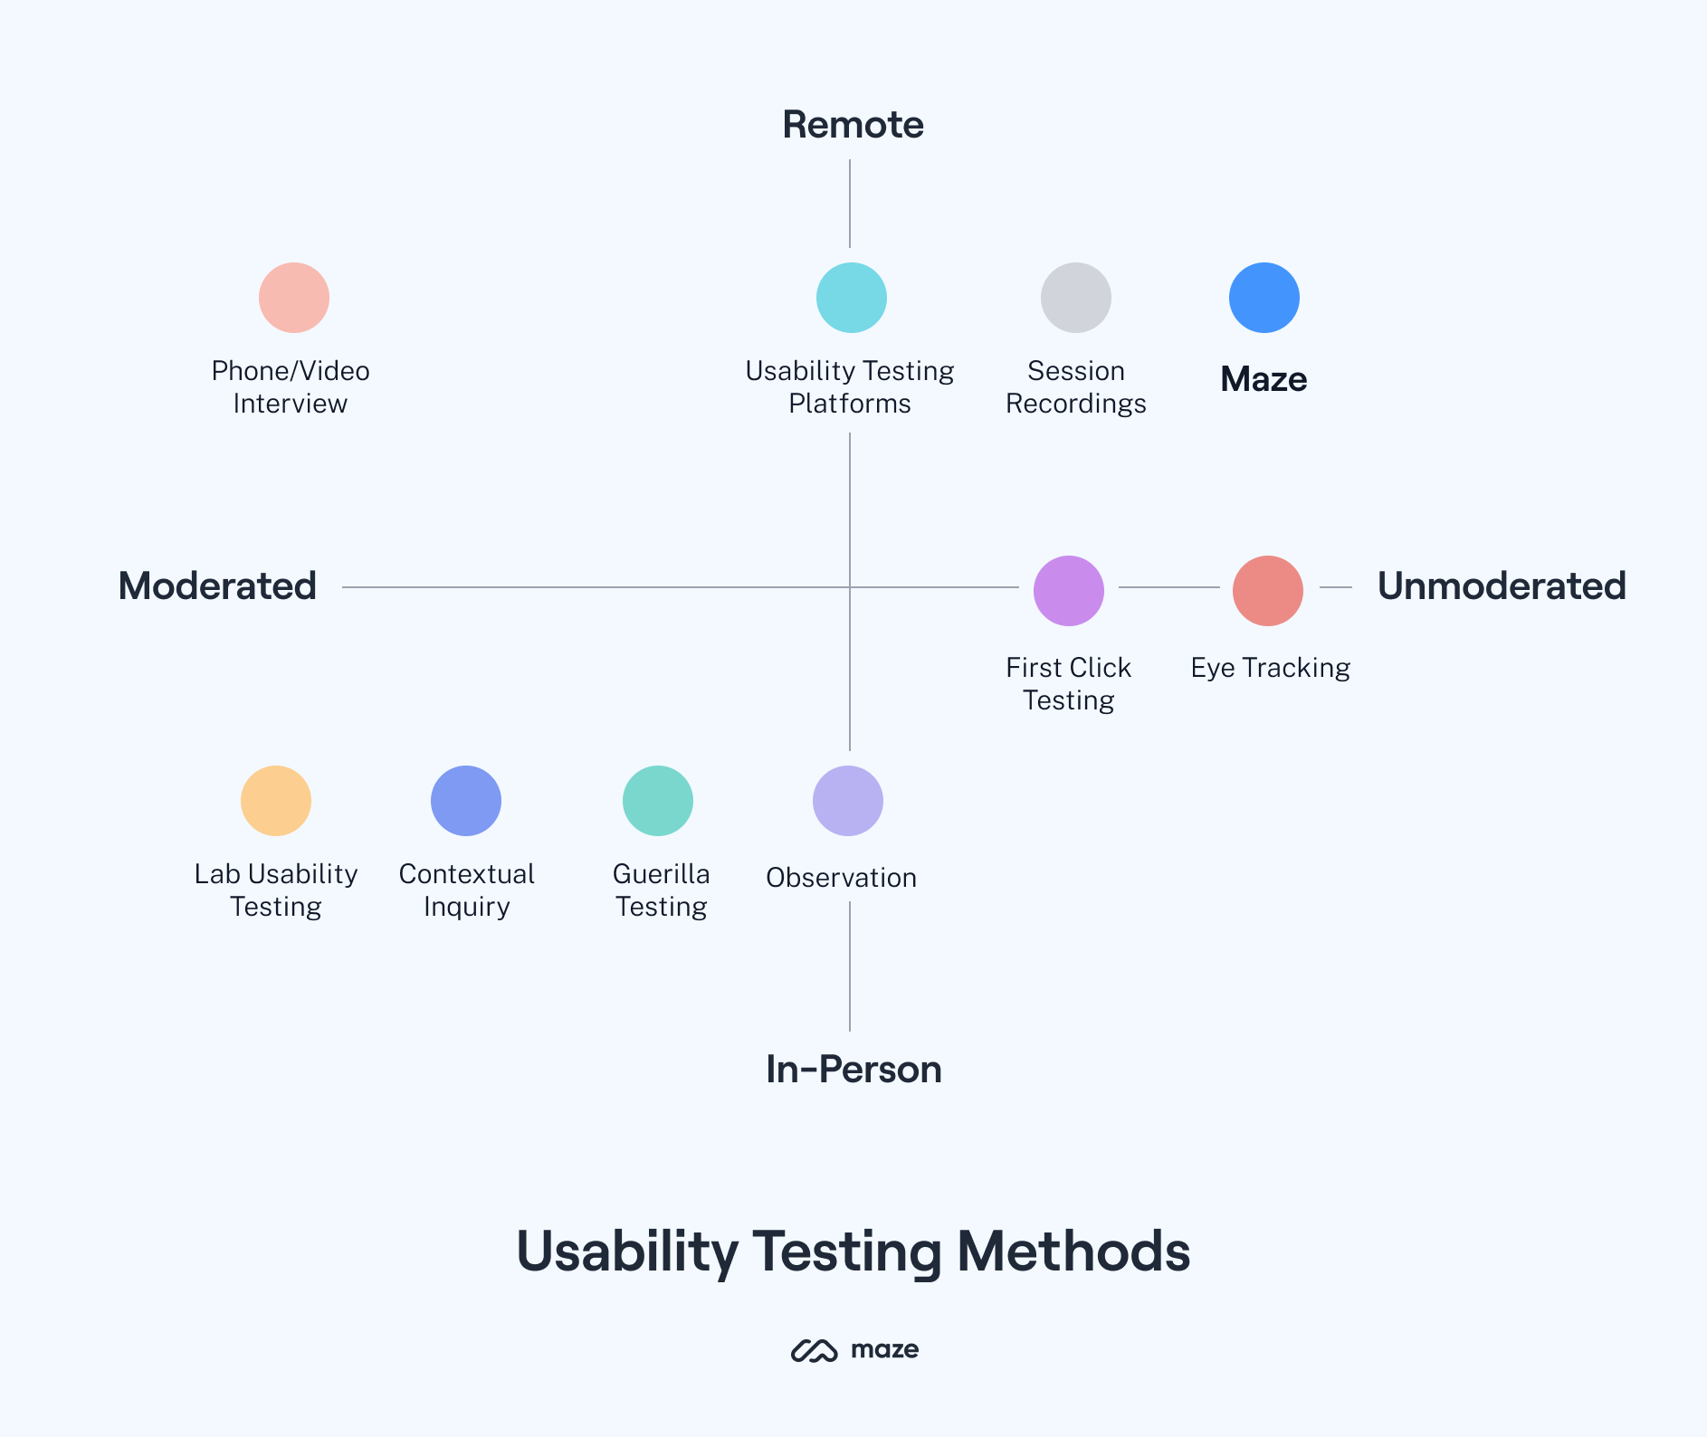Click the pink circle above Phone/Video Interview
click(293, 298)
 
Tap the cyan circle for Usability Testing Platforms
click(851, 298)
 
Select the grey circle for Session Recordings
click(1075, 298)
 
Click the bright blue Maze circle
click(1264, 298)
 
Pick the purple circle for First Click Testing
click(1068, 591)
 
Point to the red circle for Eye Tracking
click(1267, 591)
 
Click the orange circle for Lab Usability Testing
click(275, 801)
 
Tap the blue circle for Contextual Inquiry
click(465, 801)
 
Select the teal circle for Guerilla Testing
click(657, 801)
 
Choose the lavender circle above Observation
click(847, 801)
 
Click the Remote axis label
click(853, 125)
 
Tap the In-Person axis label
click(853, 1070)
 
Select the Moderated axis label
click(217, 586)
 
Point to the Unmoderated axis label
click(1501, 586)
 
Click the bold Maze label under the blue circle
click(1264, 379)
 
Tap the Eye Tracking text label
click(1270, 668)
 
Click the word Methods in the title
click(1073, 1251)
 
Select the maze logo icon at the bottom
click(814, 1350)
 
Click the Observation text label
click(841, 878)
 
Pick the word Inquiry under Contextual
click(466, 907)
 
